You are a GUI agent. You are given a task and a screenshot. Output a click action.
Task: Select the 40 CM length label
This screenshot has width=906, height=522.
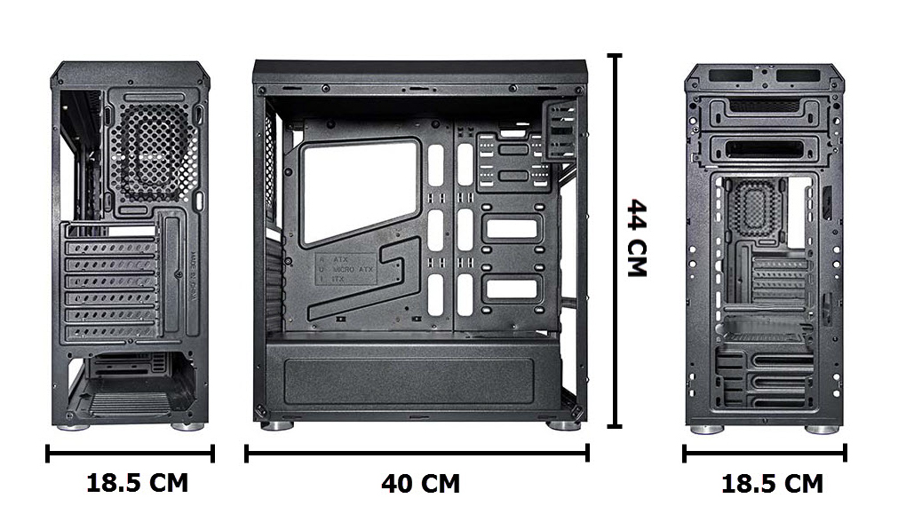[x=420, y=484]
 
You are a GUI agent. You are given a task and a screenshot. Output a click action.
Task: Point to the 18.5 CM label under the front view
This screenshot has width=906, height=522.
[x=771, y=484]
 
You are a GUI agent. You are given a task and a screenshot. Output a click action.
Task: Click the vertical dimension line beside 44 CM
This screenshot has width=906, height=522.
[x=614, y=240]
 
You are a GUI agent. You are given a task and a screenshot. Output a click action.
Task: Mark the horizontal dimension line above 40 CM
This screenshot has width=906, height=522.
[x=417, y=454]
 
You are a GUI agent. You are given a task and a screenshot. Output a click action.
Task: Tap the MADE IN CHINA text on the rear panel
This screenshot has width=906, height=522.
[x=195, y=279]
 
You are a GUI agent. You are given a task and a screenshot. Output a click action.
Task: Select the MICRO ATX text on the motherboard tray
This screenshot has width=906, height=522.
[x=353, y=268]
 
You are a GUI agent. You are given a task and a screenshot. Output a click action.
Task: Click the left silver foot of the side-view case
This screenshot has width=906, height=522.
[x=277, y=426]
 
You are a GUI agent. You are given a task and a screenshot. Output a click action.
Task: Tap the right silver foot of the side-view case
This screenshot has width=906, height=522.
[x=563, y=426]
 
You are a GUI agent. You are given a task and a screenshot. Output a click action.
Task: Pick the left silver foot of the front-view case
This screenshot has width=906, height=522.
[x=706, y=430]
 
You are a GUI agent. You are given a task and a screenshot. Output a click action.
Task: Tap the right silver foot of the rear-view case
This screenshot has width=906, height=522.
[x=187, y=427]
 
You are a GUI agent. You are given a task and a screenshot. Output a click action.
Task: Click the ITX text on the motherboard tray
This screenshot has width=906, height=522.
[x=338, y=278]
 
